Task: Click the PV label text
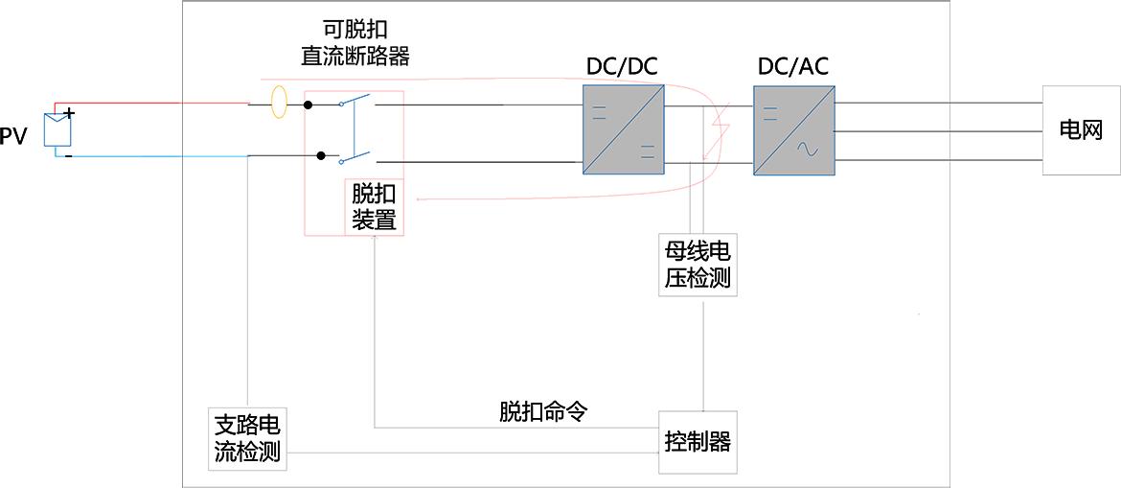[x=13, y=137]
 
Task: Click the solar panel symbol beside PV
[x=58, y=128]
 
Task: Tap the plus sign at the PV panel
[x=69, y=113]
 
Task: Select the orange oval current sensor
[x=279, y=103]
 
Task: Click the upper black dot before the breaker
[x=309, y=104]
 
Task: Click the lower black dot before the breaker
[x=309, y=155]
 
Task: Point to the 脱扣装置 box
[x=374, y=207]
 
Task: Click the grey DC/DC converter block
[x=623, y=129]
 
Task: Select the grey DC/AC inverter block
[x=793, y=130]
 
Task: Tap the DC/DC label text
[x=622, y=67]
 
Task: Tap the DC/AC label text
[x=792, y=67]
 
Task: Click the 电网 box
[x=1081, y=130]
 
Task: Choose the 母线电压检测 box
[x=698, y=265]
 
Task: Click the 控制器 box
[x=698, y=442]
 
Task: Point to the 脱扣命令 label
[x=542, y=411]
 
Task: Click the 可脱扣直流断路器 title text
[x=355, y=43]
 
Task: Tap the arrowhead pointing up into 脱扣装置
[x=374, y=240]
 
